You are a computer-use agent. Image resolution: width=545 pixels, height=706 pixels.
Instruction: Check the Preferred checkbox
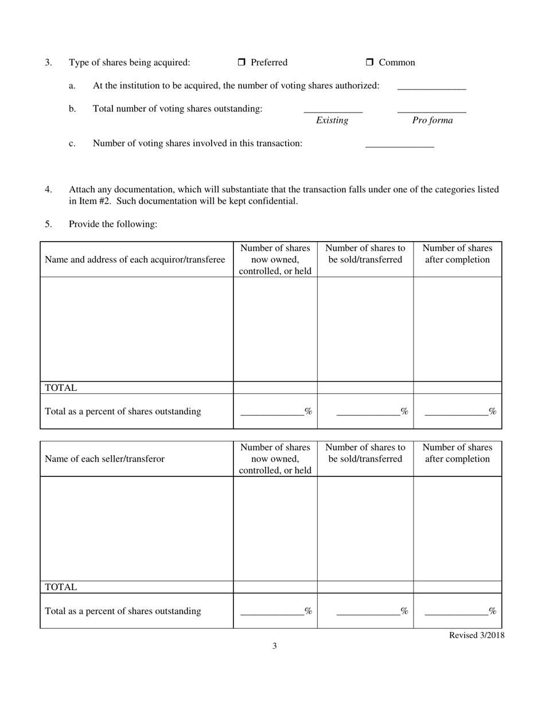point(242,63)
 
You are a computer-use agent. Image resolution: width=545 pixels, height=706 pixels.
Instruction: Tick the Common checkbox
point(369,63)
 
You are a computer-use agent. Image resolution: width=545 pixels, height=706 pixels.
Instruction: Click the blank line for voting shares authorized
point(431,87)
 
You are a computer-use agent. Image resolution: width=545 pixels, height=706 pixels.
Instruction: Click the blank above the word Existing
point(333,109)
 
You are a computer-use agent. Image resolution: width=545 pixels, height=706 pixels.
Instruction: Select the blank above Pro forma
point(431,109)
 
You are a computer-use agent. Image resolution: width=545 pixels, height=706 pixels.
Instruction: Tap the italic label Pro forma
point(432,121)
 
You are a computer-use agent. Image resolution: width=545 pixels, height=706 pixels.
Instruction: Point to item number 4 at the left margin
point(49,189)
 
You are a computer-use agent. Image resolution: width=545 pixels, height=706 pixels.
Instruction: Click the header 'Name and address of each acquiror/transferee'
point(135,260)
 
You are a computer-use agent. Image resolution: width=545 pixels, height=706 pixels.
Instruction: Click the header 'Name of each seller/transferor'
point(104,459)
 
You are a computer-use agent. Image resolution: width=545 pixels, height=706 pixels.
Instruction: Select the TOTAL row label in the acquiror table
point(61,388)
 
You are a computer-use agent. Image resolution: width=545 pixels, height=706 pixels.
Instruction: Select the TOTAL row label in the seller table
point(61,587)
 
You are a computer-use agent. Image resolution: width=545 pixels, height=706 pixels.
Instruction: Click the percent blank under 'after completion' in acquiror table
point(456,411)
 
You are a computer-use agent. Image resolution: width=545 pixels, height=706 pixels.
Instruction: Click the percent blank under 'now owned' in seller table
point(272,611)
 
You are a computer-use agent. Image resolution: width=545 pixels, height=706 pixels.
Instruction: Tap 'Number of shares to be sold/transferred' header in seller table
point(365,453)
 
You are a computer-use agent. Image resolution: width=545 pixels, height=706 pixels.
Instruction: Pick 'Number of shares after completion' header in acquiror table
point(457,254)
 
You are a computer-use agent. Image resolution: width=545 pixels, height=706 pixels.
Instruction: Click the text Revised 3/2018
point(476,635)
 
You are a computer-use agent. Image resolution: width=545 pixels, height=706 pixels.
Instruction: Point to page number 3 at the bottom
point(274,646)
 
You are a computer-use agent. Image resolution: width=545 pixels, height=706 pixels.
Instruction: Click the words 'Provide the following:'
point(113,224)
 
